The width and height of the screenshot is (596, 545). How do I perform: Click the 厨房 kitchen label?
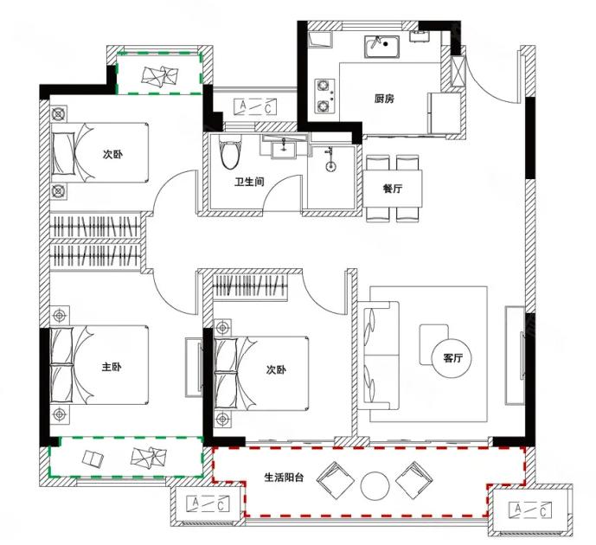(384, 99)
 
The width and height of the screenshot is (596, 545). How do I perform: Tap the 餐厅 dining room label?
(392, 188)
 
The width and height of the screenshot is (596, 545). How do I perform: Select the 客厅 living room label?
(452, 358)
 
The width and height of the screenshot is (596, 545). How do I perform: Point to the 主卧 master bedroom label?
(112, 367)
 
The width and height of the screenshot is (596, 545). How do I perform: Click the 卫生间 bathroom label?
(249, 182)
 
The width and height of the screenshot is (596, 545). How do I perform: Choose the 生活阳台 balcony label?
(284, 478)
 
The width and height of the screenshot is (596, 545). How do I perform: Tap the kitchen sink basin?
(381, 47)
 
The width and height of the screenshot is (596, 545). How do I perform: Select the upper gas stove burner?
(324, 86)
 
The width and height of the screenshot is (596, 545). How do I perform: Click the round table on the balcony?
(375, 485)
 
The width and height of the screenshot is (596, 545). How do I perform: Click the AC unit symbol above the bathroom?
(255, 106)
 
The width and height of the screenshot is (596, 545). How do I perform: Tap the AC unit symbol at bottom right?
(530, 510)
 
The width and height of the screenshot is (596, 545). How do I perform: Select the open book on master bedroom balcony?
(93, 458)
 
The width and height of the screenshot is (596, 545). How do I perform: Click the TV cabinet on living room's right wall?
(515, 355)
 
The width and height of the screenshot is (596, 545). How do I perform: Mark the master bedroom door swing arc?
(170, 297)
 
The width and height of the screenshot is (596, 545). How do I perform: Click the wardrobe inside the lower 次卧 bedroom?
(249, 285)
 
